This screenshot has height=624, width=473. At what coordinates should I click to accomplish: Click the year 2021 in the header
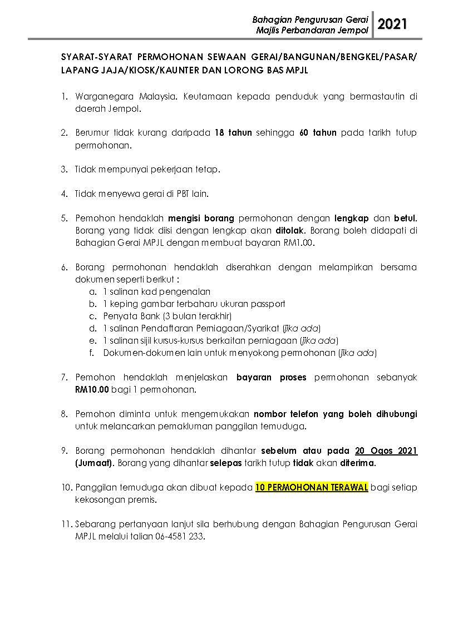[392, 24]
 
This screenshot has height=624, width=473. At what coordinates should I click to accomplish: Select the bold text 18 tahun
[233, 133]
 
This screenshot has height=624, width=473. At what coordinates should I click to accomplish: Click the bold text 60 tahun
[318, 133]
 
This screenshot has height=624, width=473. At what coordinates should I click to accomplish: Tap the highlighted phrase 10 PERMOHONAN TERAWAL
[312, 487]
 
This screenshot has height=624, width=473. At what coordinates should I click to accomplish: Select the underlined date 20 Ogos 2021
[386, 450]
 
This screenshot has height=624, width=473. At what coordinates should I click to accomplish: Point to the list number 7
[64, 377]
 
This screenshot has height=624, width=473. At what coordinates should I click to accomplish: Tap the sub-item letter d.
[92, 328]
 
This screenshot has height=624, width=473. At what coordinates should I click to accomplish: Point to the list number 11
[66, 524]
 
